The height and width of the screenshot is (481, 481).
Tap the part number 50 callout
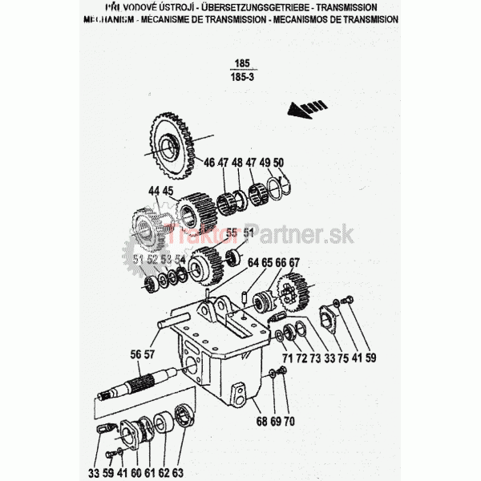278,163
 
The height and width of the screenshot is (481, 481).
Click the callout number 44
153,191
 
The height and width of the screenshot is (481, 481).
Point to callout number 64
253,263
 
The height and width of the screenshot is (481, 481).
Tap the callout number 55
231,232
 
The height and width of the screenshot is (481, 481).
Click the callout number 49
265,163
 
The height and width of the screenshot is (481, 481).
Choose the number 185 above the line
238,63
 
